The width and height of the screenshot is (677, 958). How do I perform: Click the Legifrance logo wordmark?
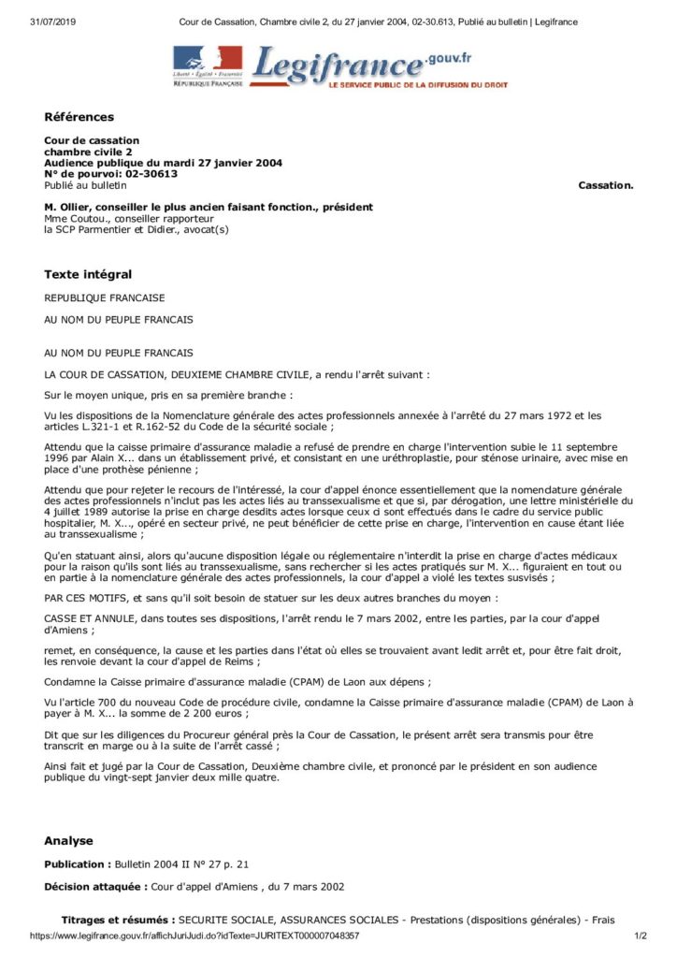coord(337,65)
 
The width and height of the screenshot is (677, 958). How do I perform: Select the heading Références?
coord(79,117)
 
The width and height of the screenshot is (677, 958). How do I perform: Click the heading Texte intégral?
coord(88,274)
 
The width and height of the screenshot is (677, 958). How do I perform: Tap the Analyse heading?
coord(68,840)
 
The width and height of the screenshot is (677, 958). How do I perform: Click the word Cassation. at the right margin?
coord(606,185)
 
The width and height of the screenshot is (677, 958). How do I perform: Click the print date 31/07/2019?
coord(52,22)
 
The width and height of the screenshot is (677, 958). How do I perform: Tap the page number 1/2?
coord(641,936)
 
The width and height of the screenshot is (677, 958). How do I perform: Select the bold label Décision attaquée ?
coord(96,886)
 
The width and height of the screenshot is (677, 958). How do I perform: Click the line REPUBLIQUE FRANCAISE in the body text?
coord(104,298)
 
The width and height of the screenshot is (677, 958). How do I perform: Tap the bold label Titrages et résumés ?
coord(119,921)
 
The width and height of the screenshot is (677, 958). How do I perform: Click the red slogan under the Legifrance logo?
coord(417,84)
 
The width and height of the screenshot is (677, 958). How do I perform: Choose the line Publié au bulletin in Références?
coord(85,184)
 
